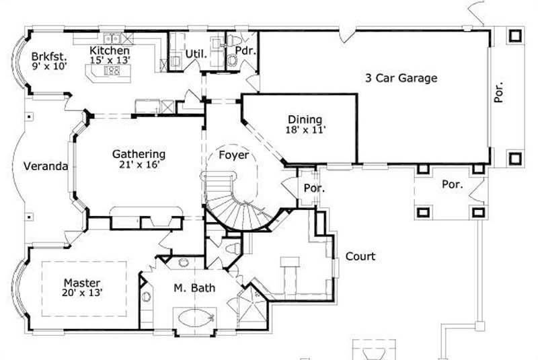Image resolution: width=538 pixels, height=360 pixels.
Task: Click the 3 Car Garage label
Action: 401,78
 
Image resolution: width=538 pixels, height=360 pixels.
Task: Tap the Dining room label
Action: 305,120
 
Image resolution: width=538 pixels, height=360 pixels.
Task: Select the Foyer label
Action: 234,155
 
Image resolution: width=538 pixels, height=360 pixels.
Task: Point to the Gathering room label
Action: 139,153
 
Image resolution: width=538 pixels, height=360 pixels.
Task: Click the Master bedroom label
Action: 82,283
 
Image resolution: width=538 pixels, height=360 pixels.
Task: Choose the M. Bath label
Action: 195,289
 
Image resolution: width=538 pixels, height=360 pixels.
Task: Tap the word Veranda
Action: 46,166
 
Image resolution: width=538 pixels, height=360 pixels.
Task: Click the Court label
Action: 360,256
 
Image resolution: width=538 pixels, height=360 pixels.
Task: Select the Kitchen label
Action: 110,50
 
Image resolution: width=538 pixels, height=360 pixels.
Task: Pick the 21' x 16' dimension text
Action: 139,164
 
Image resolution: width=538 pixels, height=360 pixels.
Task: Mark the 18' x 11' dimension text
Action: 305,130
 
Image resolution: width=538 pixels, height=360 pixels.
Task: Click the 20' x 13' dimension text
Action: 82,293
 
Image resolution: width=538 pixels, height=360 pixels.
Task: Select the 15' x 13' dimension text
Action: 110,60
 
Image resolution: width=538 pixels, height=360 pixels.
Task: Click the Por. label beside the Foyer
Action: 314,188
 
